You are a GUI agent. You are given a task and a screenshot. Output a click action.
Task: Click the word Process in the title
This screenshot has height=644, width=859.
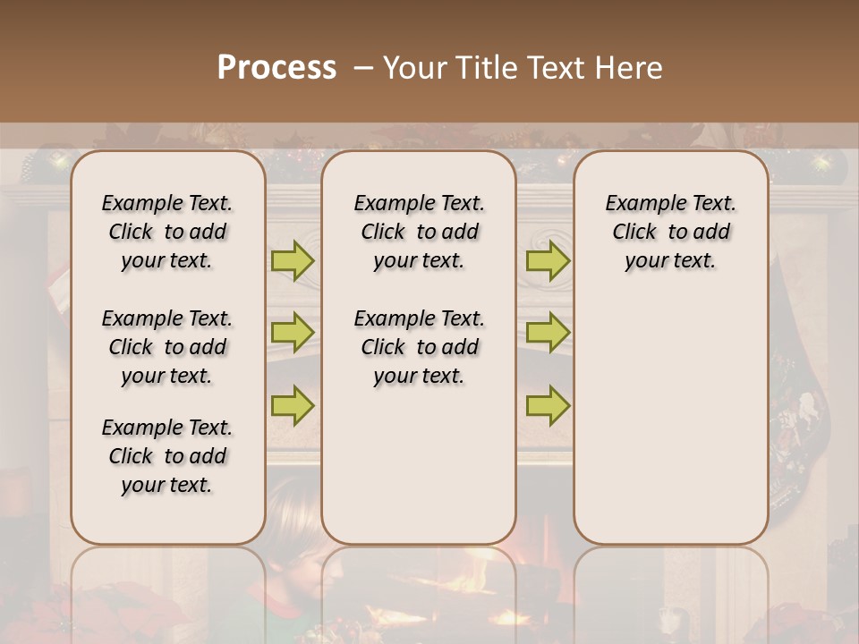(276, 68)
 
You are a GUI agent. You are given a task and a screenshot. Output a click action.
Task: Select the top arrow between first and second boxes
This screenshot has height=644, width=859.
(293, 261)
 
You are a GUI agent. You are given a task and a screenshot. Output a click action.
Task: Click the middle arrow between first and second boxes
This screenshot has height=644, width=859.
(293, 334)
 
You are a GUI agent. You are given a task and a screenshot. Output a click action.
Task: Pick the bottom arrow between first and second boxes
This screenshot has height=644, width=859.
(293, 406)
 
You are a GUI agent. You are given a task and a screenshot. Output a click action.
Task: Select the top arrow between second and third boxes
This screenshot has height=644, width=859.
(548, 261)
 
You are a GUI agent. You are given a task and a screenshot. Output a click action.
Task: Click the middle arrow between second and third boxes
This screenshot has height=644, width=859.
(548, 334)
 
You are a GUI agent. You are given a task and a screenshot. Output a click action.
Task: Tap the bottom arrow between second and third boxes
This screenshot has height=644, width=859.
(548, 406)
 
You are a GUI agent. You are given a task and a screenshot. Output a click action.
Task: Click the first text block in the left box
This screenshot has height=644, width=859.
(167, 232)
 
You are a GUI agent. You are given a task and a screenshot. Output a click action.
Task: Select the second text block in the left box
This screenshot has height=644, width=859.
(167, 347)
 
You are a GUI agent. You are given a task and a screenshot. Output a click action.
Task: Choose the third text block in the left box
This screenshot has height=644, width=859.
(167, 456)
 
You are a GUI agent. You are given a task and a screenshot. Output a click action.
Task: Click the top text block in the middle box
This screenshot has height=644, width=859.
(419, 232)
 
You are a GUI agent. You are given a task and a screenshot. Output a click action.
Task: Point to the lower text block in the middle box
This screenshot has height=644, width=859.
(419, 347)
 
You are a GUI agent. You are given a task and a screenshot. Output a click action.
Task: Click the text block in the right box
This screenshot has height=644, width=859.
(670, 232)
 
